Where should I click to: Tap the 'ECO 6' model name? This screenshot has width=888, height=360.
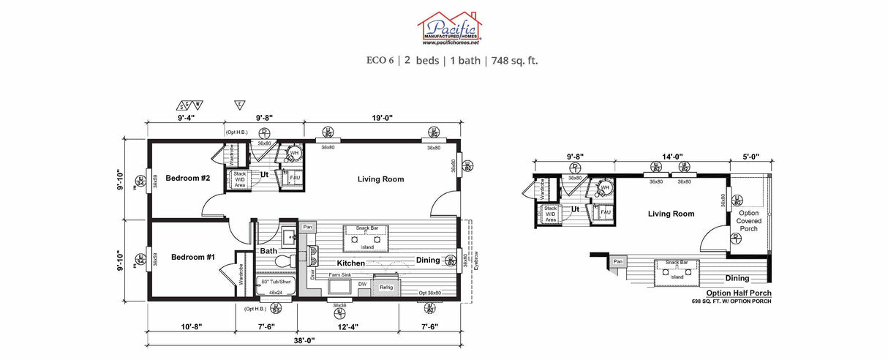point(380,60)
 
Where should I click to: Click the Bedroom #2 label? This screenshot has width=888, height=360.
point(187,179)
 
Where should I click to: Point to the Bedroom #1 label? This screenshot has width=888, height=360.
point(193,257)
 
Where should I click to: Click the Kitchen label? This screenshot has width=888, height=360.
point(350,263)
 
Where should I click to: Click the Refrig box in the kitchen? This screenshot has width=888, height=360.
point(386,288)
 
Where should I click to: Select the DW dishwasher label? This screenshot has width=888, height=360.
point(362,284)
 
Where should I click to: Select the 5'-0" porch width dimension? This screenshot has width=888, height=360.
point(750,156)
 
